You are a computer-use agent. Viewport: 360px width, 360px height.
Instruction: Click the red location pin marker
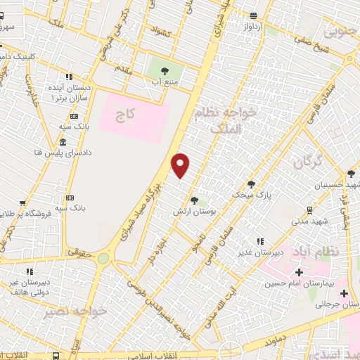(x=181, y=165)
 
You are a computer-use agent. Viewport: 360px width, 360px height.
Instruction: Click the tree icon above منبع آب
(x=165, y=70)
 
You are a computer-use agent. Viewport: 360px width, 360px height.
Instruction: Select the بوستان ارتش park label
(x=214, y=210)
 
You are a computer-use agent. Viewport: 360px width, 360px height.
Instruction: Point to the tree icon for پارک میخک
(x=250, y=185)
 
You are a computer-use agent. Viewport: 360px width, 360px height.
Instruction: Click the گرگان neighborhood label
(x=307, y=161)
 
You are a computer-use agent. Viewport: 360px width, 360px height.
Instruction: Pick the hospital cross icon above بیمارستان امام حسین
(x=299, y=271)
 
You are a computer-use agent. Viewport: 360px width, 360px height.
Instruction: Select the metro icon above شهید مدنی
(x=309, y=210)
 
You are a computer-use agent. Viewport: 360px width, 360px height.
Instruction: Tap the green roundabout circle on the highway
(x=103, y=259)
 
